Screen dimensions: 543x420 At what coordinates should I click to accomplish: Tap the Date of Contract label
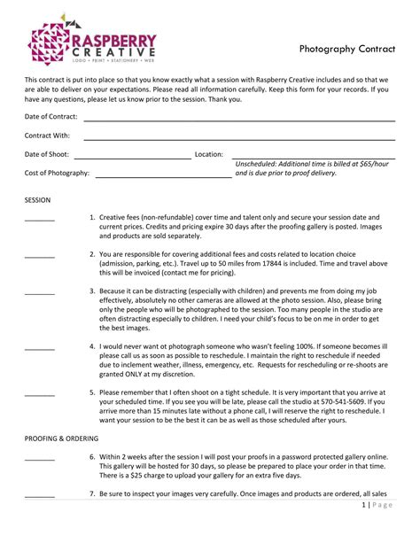point(51,116)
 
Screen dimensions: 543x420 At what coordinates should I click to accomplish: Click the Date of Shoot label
point(46,154)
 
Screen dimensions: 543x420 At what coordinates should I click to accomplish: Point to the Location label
point(209,154)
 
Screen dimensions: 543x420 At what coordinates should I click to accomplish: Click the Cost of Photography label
point(57,173)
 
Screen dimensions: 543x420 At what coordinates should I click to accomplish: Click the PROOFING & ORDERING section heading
point(61,438)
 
